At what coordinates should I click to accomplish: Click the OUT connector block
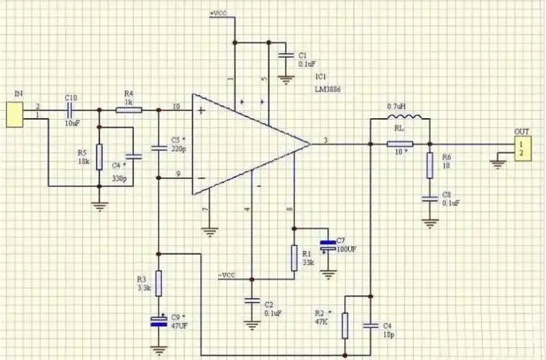(522, 149)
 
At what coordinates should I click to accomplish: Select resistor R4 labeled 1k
(129, 110)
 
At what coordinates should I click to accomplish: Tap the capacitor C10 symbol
(71, 110)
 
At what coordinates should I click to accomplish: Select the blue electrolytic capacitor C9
(158, 320)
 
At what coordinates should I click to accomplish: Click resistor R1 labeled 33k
(294, 257)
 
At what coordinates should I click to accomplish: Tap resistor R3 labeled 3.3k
(158, 282)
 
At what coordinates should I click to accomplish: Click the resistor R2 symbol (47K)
(345, 325)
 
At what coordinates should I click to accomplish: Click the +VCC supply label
(219, 14)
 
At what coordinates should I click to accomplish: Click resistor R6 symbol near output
(429, 165)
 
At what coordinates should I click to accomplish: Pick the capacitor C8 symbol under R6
(429, 197)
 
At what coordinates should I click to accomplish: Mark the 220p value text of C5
(178, 149)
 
